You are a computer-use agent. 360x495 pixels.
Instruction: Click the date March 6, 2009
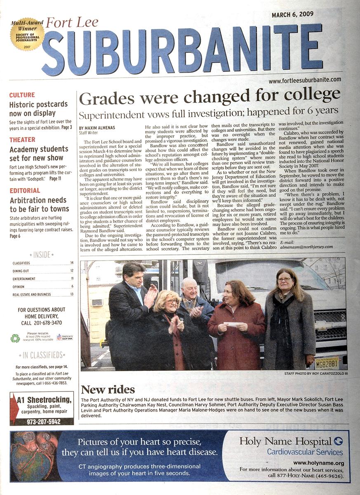click(x=292, y=15)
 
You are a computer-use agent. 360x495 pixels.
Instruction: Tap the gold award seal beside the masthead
click(x=27, y=34)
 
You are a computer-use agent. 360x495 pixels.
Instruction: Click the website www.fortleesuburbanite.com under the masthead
click(x=304, y=80)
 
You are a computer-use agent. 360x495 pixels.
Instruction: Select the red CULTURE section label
click(x=22, y=95)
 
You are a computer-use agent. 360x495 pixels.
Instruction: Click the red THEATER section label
click(x=22, y=140)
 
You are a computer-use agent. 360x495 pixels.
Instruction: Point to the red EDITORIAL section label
click(x=25, y=191)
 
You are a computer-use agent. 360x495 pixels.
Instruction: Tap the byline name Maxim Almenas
click(x=102, y=128)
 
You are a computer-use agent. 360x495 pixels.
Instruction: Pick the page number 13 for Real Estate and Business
click(x=72, y=294)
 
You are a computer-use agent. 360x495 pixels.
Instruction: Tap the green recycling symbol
click(x=15, y=338)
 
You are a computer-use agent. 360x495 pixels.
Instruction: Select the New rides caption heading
click(x=108, y=389)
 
